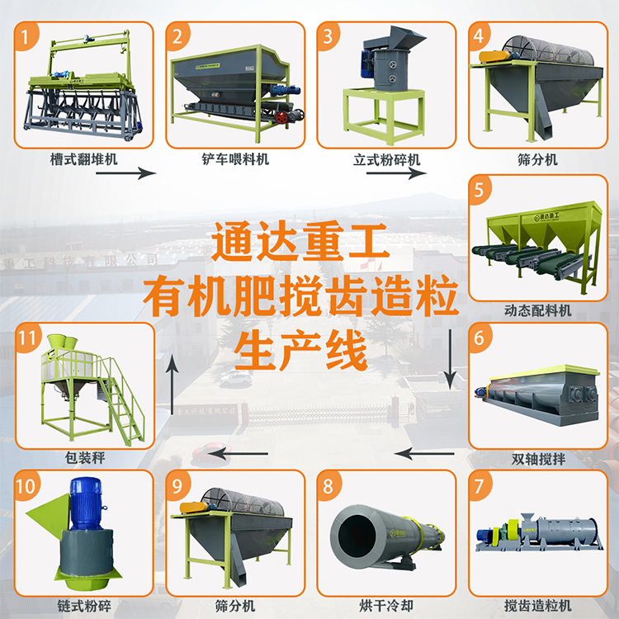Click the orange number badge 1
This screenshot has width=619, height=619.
pos(30,36)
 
